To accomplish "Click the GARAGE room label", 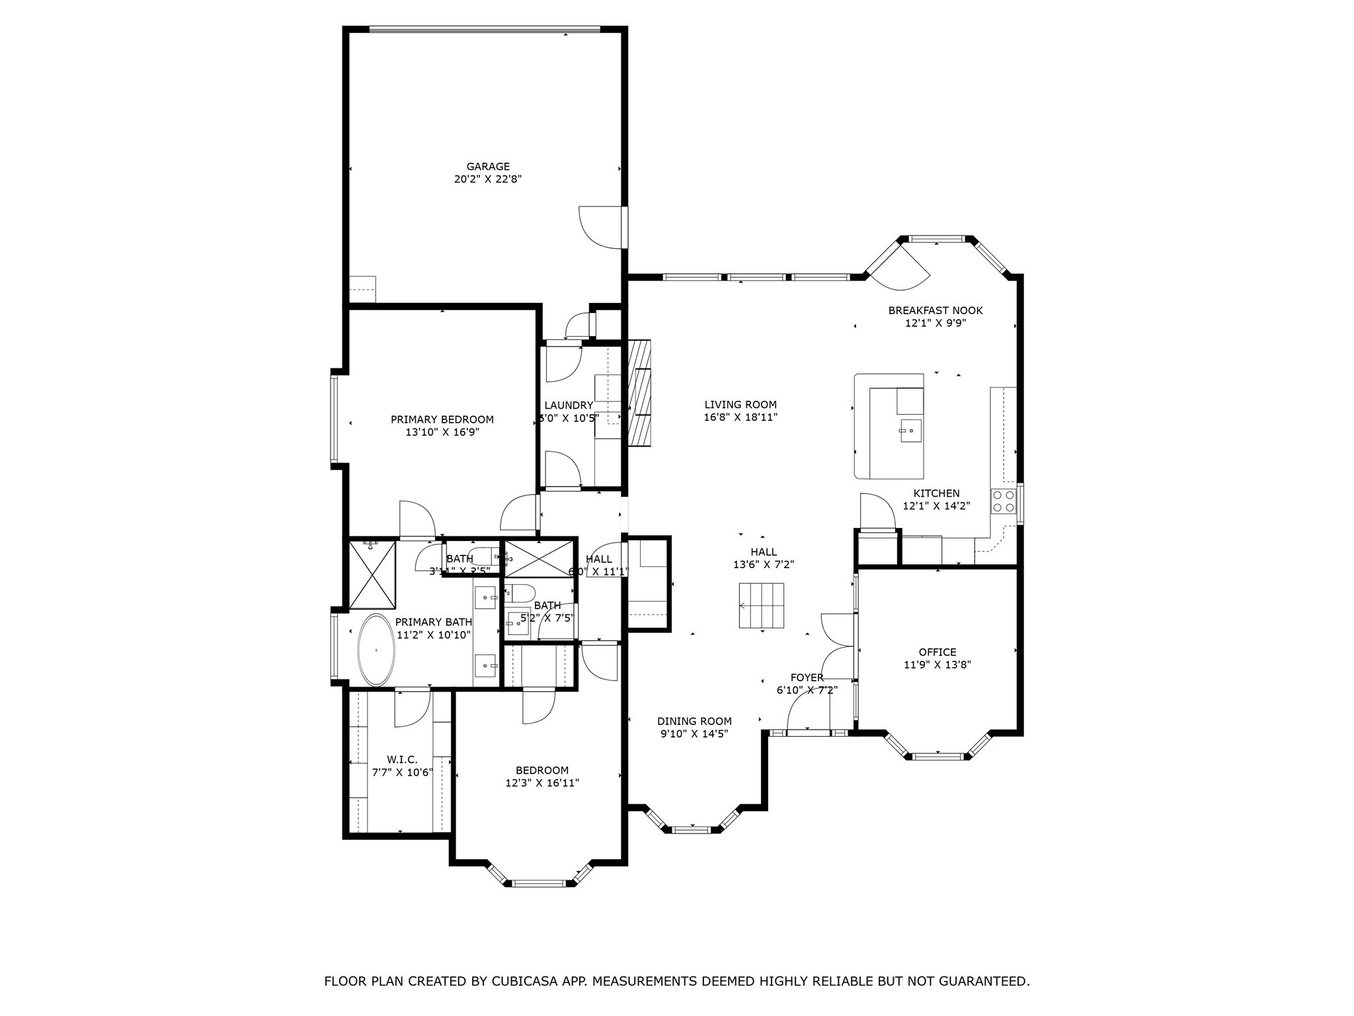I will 488,167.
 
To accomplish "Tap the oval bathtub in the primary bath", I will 376,650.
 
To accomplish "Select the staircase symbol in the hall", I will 762,605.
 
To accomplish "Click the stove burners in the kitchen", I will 1003,501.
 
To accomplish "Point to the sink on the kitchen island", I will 910,430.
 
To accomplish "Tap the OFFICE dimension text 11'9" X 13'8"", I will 937,665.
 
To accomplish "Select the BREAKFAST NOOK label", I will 935,310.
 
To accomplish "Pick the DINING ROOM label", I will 694,721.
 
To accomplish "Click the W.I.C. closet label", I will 402,760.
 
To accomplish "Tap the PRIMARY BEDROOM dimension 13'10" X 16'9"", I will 442,432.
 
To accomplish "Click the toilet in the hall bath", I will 520,592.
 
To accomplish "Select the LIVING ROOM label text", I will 740,405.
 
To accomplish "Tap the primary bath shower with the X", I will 372,574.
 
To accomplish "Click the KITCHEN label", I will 936,493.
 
